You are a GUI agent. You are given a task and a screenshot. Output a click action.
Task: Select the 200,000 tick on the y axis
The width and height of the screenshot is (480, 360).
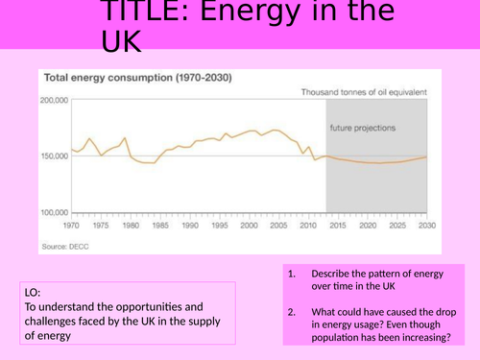coord(53,100)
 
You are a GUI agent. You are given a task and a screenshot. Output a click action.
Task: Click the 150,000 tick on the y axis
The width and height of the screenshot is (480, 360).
coord(53,156)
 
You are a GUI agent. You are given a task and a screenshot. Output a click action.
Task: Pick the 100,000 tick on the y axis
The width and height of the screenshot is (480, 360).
coord(53,211)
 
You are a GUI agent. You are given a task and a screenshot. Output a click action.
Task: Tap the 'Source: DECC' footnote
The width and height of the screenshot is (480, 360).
coord(66,247)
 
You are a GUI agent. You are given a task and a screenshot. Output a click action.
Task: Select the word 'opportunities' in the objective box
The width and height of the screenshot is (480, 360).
coord(150,307)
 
